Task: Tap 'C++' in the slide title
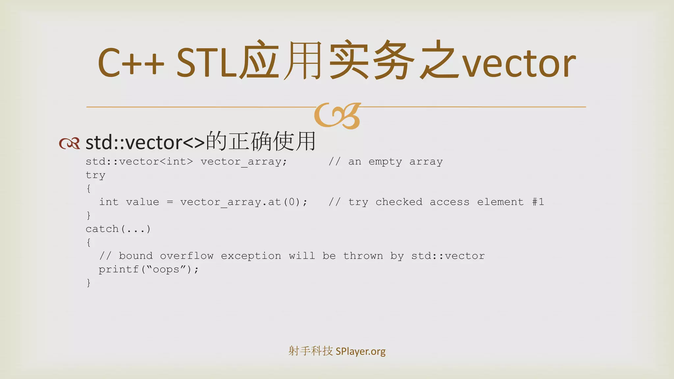click(x=131, y=63)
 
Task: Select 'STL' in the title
click(x=207, y=63)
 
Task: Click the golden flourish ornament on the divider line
click(x=338, y=115)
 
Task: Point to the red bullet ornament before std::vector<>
click(x=69, y=143)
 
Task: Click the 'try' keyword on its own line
click(x=95, y=175)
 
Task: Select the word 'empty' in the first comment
click(x=385, y=162)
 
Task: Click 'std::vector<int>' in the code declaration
click(x=139, y=162)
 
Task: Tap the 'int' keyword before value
click(x=109, y=202)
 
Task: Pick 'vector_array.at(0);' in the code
click(x=244, y=202)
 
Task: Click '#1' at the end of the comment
click(x=538, y=202)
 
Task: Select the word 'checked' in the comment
click(x=399, y=202)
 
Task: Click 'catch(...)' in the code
click(x=118, y=229)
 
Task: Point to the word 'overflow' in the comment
click(x=187, y=256)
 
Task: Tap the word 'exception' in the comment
click(x=251, y=256)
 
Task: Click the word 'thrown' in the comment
click(x=363, y=256)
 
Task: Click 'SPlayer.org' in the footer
click(x=360, y=351)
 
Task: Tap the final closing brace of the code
click(x=89, y=283)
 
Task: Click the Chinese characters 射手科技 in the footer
click(x=310, y=351)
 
